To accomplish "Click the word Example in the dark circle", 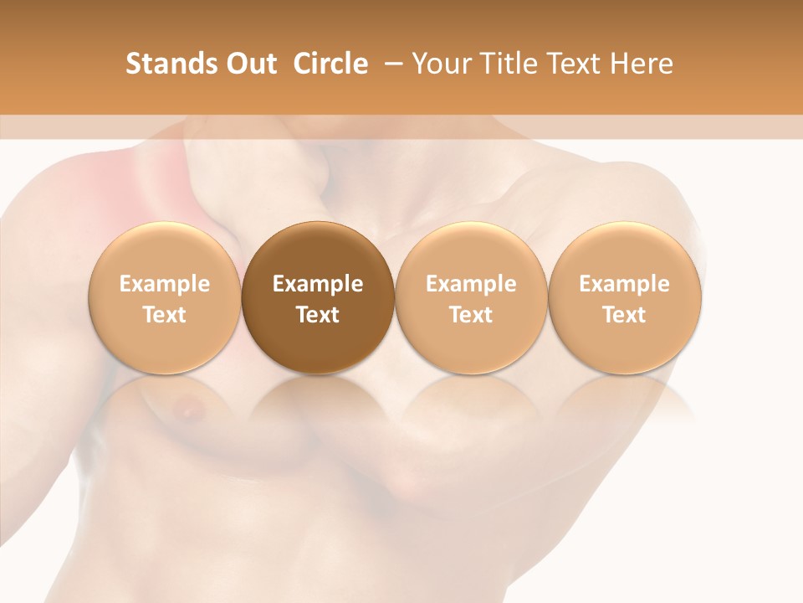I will click(x=318, y=284).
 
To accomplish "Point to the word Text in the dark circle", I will click(x=318, y=315).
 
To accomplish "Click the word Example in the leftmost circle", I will click(x=164, y=284).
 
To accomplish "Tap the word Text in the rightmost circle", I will click(x=625, y=315).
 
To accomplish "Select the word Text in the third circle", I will click(x=471, y=315).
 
